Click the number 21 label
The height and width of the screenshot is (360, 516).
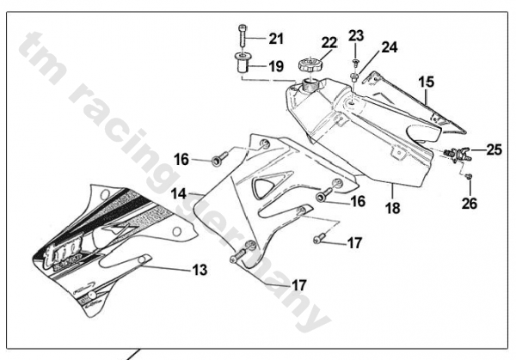pos(275,38)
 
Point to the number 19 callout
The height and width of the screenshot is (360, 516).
pos(275,66)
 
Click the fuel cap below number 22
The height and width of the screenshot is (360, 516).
pos(309,66)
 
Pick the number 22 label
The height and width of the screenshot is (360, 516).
pos(305,43)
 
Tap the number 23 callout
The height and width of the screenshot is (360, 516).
pos(357,35)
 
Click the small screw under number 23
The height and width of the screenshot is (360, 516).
pos(354,62)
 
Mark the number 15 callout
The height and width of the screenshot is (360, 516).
pos(427,82)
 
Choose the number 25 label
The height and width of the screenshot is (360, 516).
pos(494,149)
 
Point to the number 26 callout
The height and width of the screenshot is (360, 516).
pos(470,204)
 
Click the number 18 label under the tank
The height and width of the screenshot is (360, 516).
pos(392,209)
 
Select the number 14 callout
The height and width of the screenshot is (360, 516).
pos(179,195)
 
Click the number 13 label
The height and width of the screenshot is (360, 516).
pos(200,270)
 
